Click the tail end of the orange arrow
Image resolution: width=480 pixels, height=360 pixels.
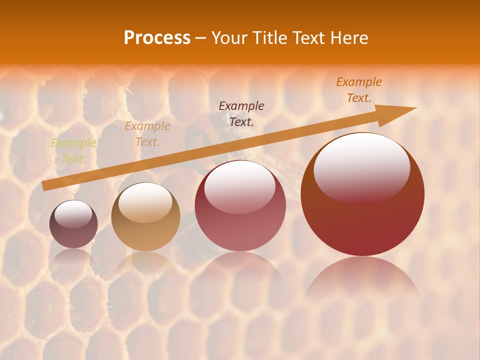44,186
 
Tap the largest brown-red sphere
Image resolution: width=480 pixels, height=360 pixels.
362,220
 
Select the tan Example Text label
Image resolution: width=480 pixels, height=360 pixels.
147,134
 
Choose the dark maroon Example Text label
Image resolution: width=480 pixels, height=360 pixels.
241,113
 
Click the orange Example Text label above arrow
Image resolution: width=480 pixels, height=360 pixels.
358,90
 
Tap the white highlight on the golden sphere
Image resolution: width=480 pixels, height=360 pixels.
145,201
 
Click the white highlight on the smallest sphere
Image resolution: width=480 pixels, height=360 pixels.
73,214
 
